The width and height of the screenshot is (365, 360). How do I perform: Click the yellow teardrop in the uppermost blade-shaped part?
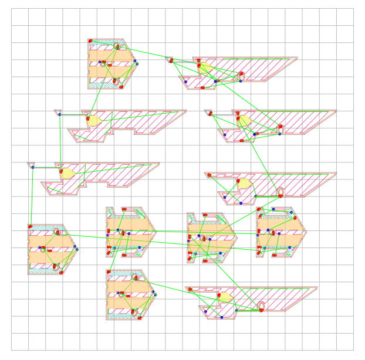coord(207,68)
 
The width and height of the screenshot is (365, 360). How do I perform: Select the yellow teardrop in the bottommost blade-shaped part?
coord(224,297)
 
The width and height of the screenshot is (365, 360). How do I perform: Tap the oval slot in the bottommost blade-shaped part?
coord(261,305)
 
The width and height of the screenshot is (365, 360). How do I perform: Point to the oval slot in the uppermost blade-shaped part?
coord(241,76)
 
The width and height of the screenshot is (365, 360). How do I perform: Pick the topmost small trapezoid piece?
coord(169,59)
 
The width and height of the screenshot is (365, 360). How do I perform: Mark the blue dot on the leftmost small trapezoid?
coord(33,168)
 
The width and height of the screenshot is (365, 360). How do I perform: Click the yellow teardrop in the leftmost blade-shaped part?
coord(66,174)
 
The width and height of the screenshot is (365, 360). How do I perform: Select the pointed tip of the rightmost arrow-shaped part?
coord(306,231)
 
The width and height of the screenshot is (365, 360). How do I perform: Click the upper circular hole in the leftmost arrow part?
coord(57,232)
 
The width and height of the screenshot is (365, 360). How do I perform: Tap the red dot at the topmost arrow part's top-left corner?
coord(91,41)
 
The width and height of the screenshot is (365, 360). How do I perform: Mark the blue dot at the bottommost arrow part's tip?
coord(156,292)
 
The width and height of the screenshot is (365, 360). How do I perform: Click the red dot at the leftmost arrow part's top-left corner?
coord(30,226)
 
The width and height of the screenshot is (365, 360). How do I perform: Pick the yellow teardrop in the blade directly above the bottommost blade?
coord(244,184)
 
